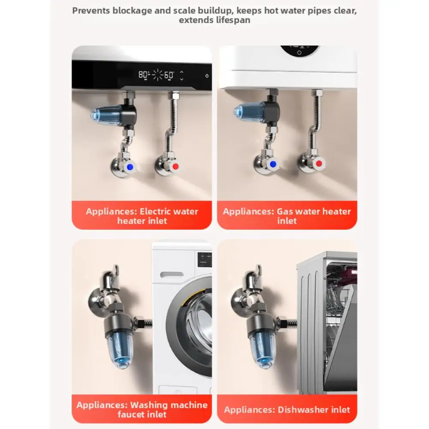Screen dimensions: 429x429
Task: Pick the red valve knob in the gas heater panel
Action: (x=318, y=163)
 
